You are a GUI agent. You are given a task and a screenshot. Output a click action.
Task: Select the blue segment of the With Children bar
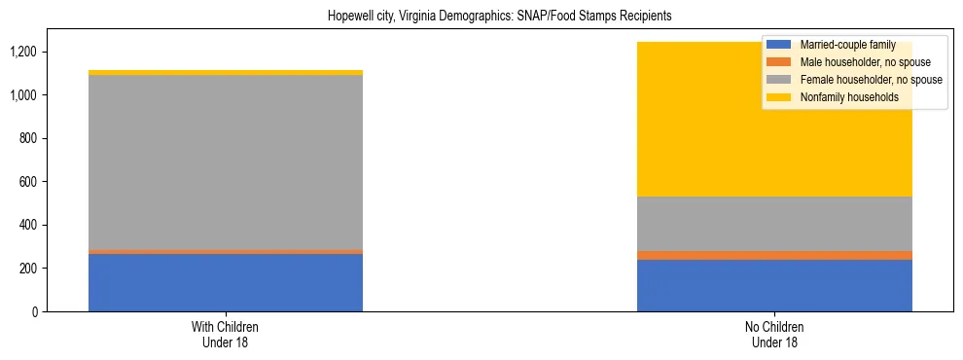tap(226, 282)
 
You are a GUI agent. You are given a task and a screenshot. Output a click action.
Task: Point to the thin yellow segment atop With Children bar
tap(226, 73)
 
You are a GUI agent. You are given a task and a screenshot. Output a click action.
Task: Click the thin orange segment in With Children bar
tap(226, 251)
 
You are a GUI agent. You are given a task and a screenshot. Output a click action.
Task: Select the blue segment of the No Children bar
tap(774, 285)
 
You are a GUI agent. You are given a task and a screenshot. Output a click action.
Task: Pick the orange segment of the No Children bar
tap(774, 255)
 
